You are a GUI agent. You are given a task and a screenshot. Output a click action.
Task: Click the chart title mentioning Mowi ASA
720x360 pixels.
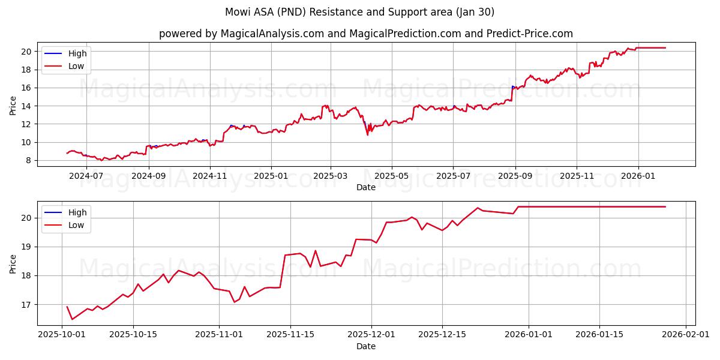[x=360, y=12]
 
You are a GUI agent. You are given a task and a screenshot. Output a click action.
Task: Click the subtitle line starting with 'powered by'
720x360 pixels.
[x=366, y=34]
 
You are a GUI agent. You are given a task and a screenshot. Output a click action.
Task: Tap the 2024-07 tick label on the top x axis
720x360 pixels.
[x=86, y=176]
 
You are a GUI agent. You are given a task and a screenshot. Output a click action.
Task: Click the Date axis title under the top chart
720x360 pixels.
[x=366, y=187]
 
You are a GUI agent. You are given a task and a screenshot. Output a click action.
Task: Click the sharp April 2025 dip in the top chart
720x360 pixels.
[x=368, y=134]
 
